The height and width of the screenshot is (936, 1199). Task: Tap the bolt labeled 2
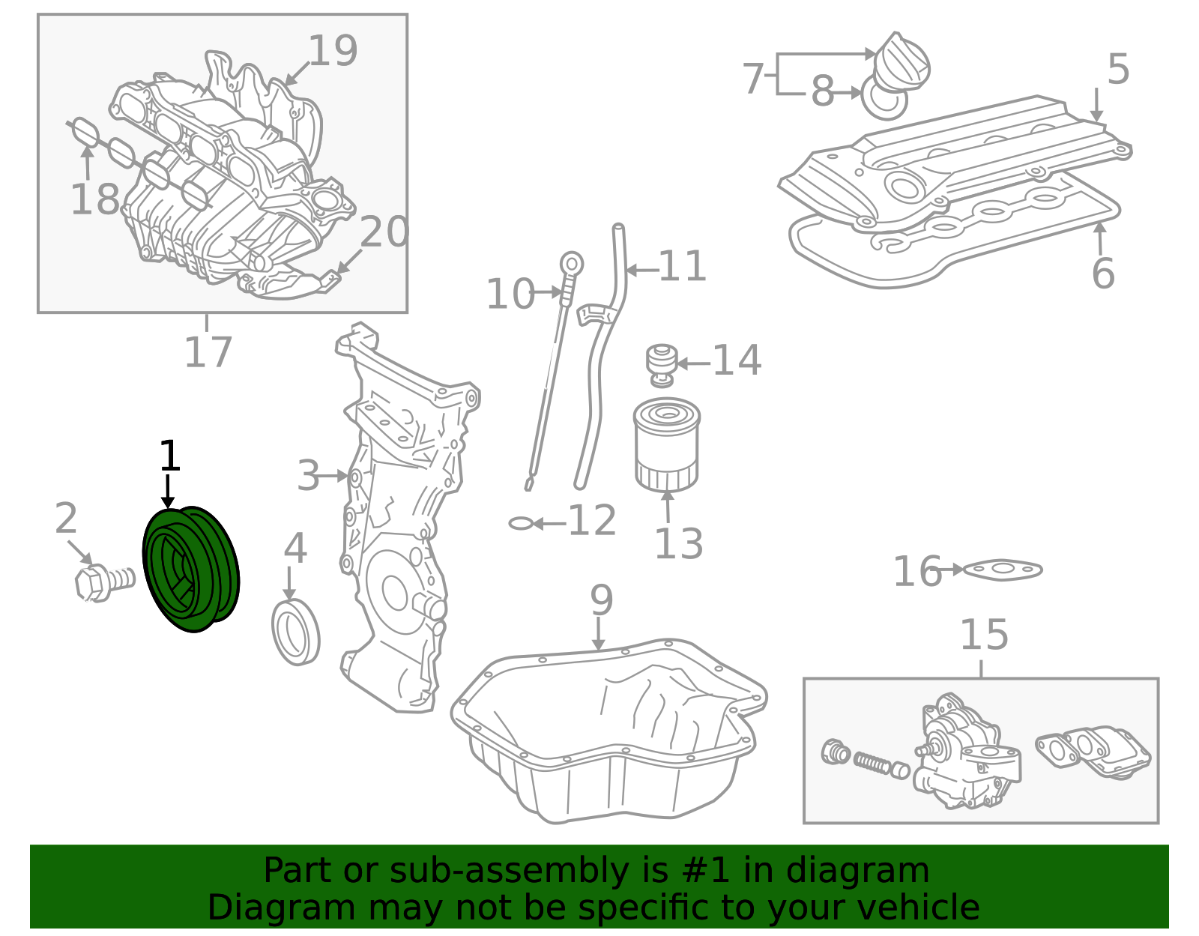point(104,582)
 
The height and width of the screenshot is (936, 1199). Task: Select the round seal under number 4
point(296,632)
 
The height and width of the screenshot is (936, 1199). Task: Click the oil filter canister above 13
point(666,444)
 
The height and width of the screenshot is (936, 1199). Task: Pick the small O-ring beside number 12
point(520,523)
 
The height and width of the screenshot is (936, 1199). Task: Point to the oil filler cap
point(901,61)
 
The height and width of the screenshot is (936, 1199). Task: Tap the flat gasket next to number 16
point(1002,570)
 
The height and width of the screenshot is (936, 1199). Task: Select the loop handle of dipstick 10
point(572,265)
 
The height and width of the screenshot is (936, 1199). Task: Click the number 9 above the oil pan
point(601,600)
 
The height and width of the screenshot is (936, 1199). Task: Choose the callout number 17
point(208,352)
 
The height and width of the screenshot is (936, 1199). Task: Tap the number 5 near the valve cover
point(1118,70)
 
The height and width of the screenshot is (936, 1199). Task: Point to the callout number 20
point(384,231)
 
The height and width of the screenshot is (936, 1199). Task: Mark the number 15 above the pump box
point(985,635)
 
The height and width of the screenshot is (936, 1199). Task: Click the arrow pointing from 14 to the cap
point(693,363)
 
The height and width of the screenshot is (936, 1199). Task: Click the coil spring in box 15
point(875,761)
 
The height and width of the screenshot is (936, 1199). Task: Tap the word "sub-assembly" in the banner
point(510,870)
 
